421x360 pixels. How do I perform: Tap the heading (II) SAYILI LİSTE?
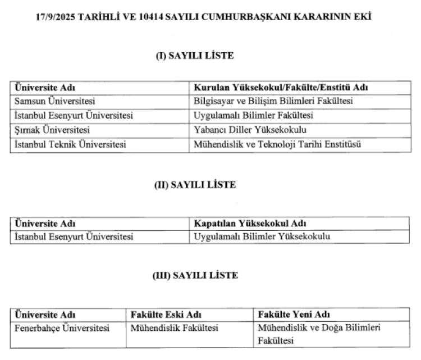tap(195, 185)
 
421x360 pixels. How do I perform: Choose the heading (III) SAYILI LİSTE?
tap(195, 275)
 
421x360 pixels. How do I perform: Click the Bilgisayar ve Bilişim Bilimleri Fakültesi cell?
tap(272, 102)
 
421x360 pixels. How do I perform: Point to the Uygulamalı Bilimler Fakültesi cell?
tap(253, 116)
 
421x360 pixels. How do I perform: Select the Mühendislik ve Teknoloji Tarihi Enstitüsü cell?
tap(276, 144)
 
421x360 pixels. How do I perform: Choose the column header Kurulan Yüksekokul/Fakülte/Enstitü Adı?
tap(280, 88)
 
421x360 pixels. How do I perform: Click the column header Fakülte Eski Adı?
tap(166, 314)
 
